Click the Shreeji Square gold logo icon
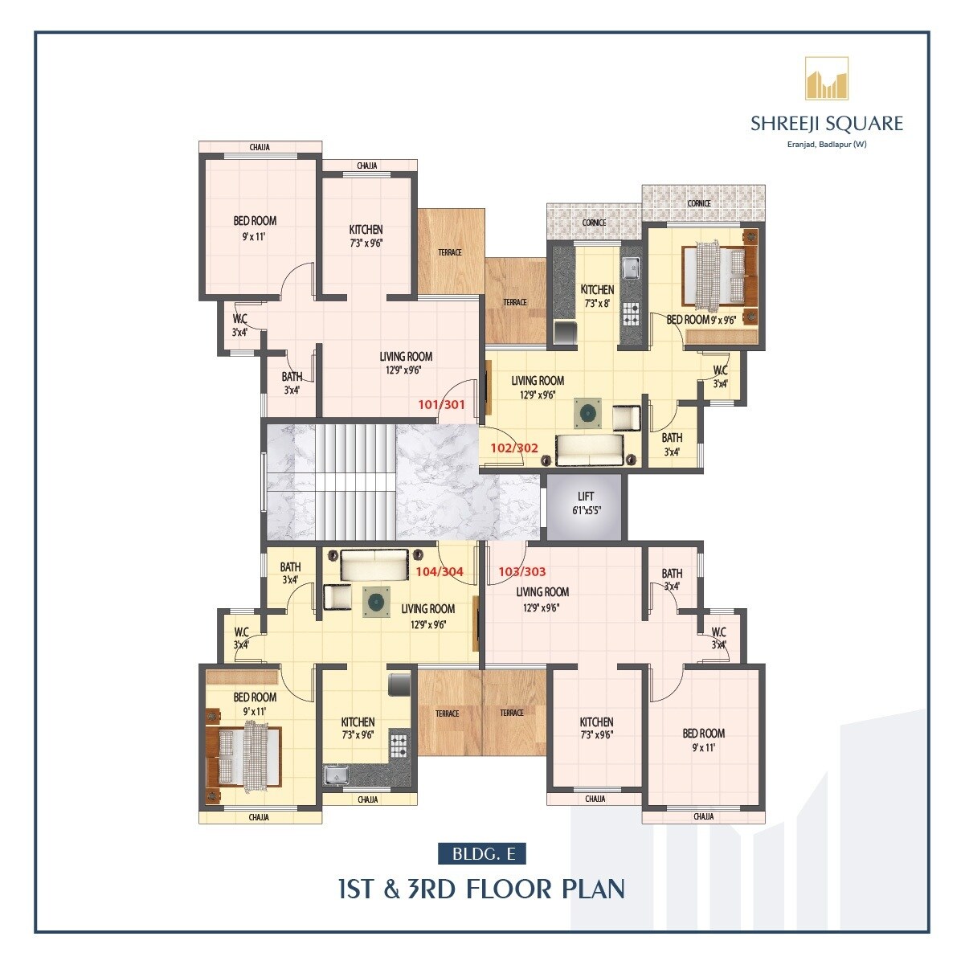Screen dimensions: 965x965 pyautogui.click(x=827, y=79)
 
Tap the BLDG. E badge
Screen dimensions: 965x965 pyautogui.click(x=482, y=853)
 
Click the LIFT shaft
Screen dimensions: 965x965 pyautogui.click(x=585, y=506)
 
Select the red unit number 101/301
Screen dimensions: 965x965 pyautogui.click(x=441, y=405)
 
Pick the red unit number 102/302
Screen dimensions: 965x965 pyautogui.click(x=514, y=448)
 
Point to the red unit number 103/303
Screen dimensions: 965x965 pyautogui.click(x=522, y=572)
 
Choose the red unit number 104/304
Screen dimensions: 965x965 pyautogui.click(x=440, y=572)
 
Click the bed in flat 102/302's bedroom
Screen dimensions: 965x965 pyautogui.click(x=718, y=276)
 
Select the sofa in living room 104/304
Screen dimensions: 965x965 pyautogui.click(x=374, y=565)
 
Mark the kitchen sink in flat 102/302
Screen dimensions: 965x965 pyautogui.click(x=630, y=266)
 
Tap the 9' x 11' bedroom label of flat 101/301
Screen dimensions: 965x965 pyautogui.click(x=255, y=236)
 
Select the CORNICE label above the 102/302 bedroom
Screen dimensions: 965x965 pyautogui.click(x=699, y=203)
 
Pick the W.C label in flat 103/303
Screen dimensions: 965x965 pyautogui.click(x=718, y=632)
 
